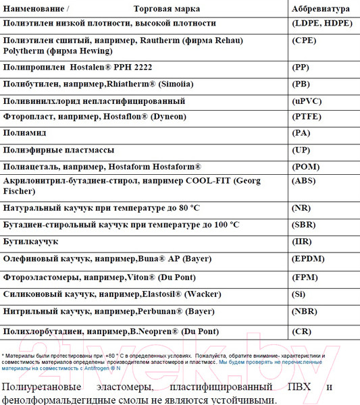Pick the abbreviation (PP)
[x=300, y=67]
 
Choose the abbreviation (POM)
[x=304, y=166]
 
